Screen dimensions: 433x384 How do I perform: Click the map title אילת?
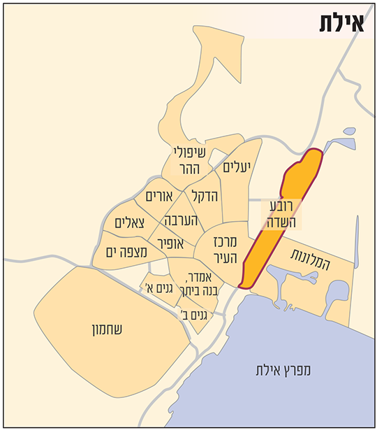coord(344,22)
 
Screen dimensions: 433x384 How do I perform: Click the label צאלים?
coord(128,223)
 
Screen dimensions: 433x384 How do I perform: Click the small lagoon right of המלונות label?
coord(337,294)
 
